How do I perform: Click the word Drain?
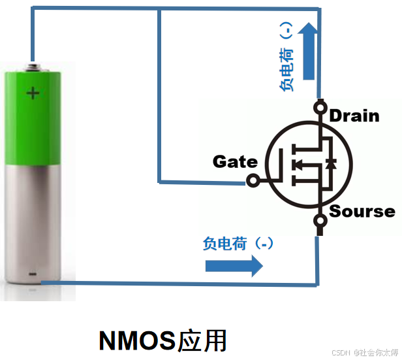coord(354,116)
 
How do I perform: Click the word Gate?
coord(235,161)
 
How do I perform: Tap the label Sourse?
coord(362,211)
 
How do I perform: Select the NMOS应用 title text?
coord(162,340)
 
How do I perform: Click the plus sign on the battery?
coord(33,93)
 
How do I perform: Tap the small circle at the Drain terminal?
coord(320,106)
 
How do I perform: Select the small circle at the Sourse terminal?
coord(320,220)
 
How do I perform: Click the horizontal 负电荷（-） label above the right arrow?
coord(238,244)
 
